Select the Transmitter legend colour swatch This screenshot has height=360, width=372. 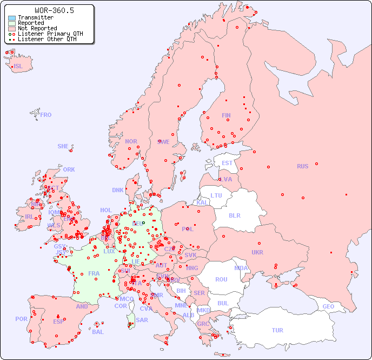point(12,18)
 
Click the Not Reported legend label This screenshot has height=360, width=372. point(37,28)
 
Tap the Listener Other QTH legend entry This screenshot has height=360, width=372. point(47,39)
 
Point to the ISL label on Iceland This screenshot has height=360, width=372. point(18,67)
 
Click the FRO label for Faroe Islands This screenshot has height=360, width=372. point(46,115)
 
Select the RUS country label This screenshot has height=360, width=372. point(302,166)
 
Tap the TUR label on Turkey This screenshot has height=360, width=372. point(277,330)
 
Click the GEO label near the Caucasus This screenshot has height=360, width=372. point(328,306)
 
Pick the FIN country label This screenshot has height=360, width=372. point(226,115)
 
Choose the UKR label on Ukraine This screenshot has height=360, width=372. point(257,252)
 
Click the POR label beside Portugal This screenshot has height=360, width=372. point(21,319)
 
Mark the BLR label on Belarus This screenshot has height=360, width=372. point(234,215)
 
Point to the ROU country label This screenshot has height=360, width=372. point(221,279)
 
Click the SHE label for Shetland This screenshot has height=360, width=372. point(63,146)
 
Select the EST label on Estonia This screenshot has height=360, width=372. point(227,163)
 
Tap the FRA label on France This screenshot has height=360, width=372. point(94,273)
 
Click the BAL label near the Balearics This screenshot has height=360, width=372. point(98,332)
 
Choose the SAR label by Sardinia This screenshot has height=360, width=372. point(142,320)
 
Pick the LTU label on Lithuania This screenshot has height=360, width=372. point(216,195)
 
